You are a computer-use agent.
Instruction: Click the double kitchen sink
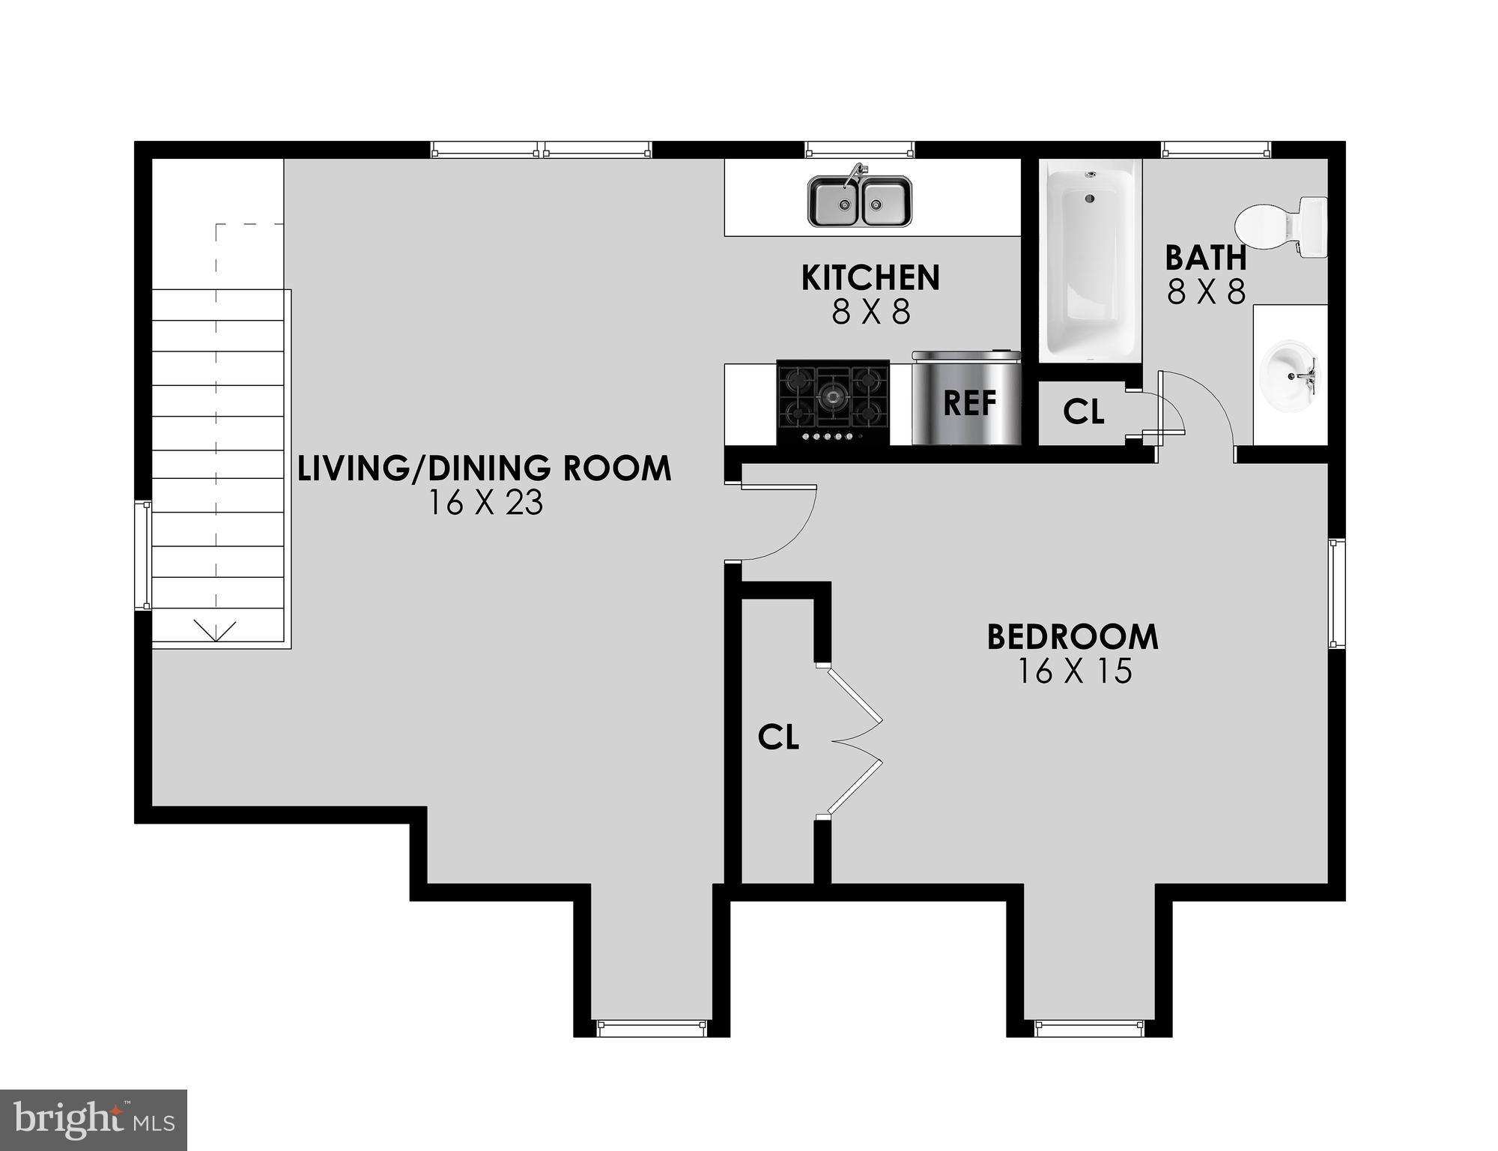(860, 201)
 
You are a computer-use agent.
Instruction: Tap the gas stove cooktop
(833, 402)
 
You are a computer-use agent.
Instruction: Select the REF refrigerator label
(969, 403)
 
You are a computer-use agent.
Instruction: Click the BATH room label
(1205, 259)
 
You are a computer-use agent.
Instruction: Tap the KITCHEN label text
(870, 278)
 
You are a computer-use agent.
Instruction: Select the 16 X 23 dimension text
(485, 503)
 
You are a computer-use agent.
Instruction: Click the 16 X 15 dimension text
(1073, 671)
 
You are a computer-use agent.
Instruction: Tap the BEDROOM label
(1073, 637)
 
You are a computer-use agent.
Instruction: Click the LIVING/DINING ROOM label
(485, 468)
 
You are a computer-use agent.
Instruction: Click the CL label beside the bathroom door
(1083, 411)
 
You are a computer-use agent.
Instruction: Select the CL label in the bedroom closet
(778, 737)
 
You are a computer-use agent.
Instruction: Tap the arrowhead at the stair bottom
(216, 631)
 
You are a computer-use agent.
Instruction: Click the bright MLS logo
(94, 1120)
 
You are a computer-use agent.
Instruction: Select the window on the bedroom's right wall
(1336, 593)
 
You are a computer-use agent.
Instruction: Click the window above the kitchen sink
(860, 151)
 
